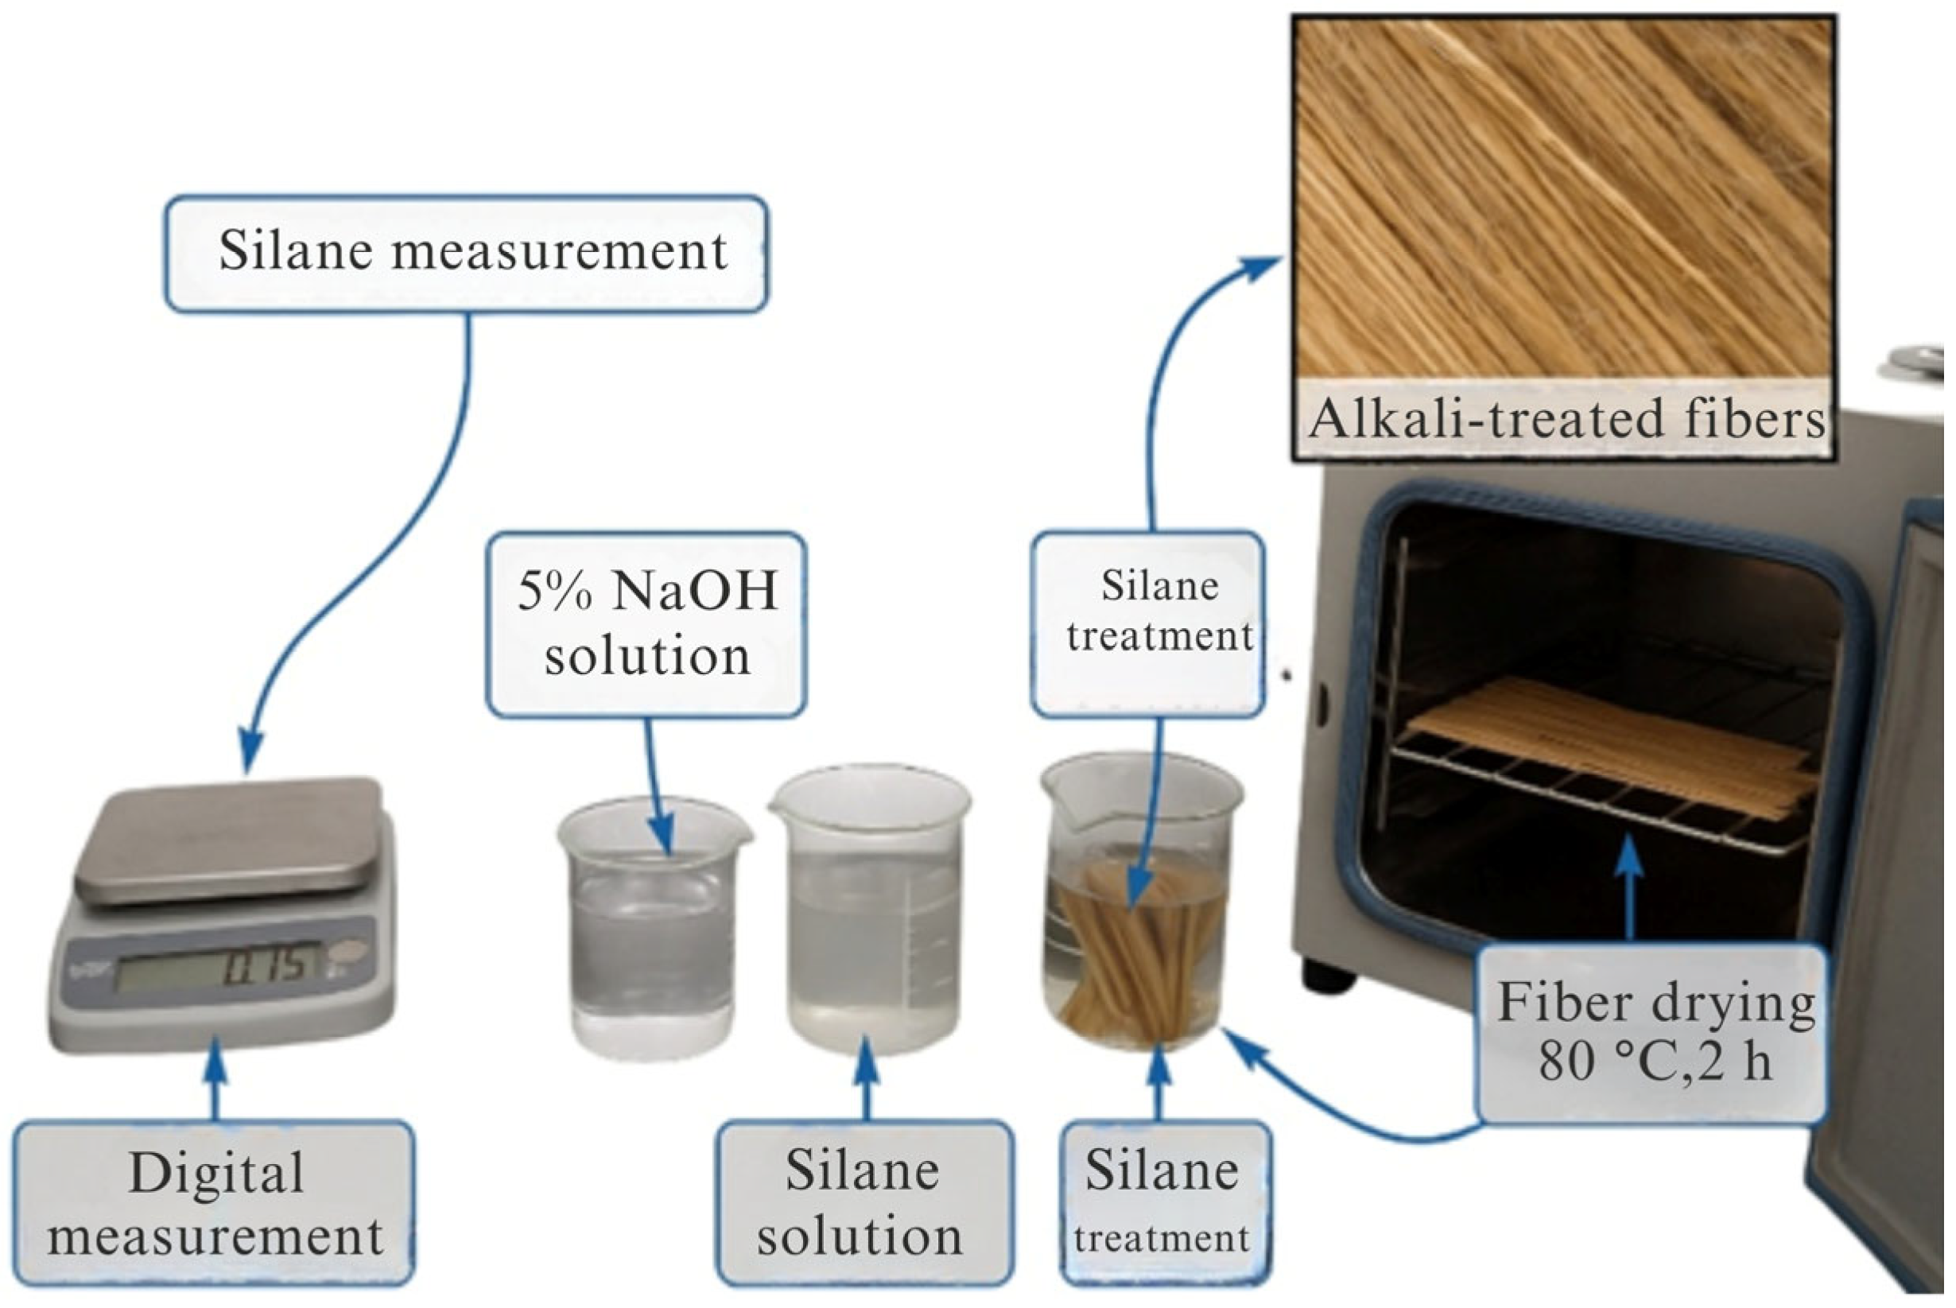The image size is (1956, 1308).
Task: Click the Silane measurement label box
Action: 465,254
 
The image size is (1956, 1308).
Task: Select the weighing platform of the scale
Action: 229,838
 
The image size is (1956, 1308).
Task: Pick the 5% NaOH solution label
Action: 646,623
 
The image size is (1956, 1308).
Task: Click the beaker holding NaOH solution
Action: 652,930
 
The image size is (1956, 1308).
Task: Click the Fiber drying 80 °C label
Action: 1654,1033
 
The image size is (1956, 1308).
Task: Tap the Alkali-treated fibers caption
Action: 1564,420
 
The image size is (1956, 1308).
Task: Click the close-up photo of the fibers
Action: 1564,200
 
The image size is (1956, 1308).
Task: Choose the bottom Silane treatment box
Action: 1166,1204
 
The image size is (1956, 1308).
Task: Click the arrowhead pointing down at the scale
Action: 250,751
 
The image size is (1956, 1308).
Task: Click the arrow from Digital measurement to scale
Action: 216,1081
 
